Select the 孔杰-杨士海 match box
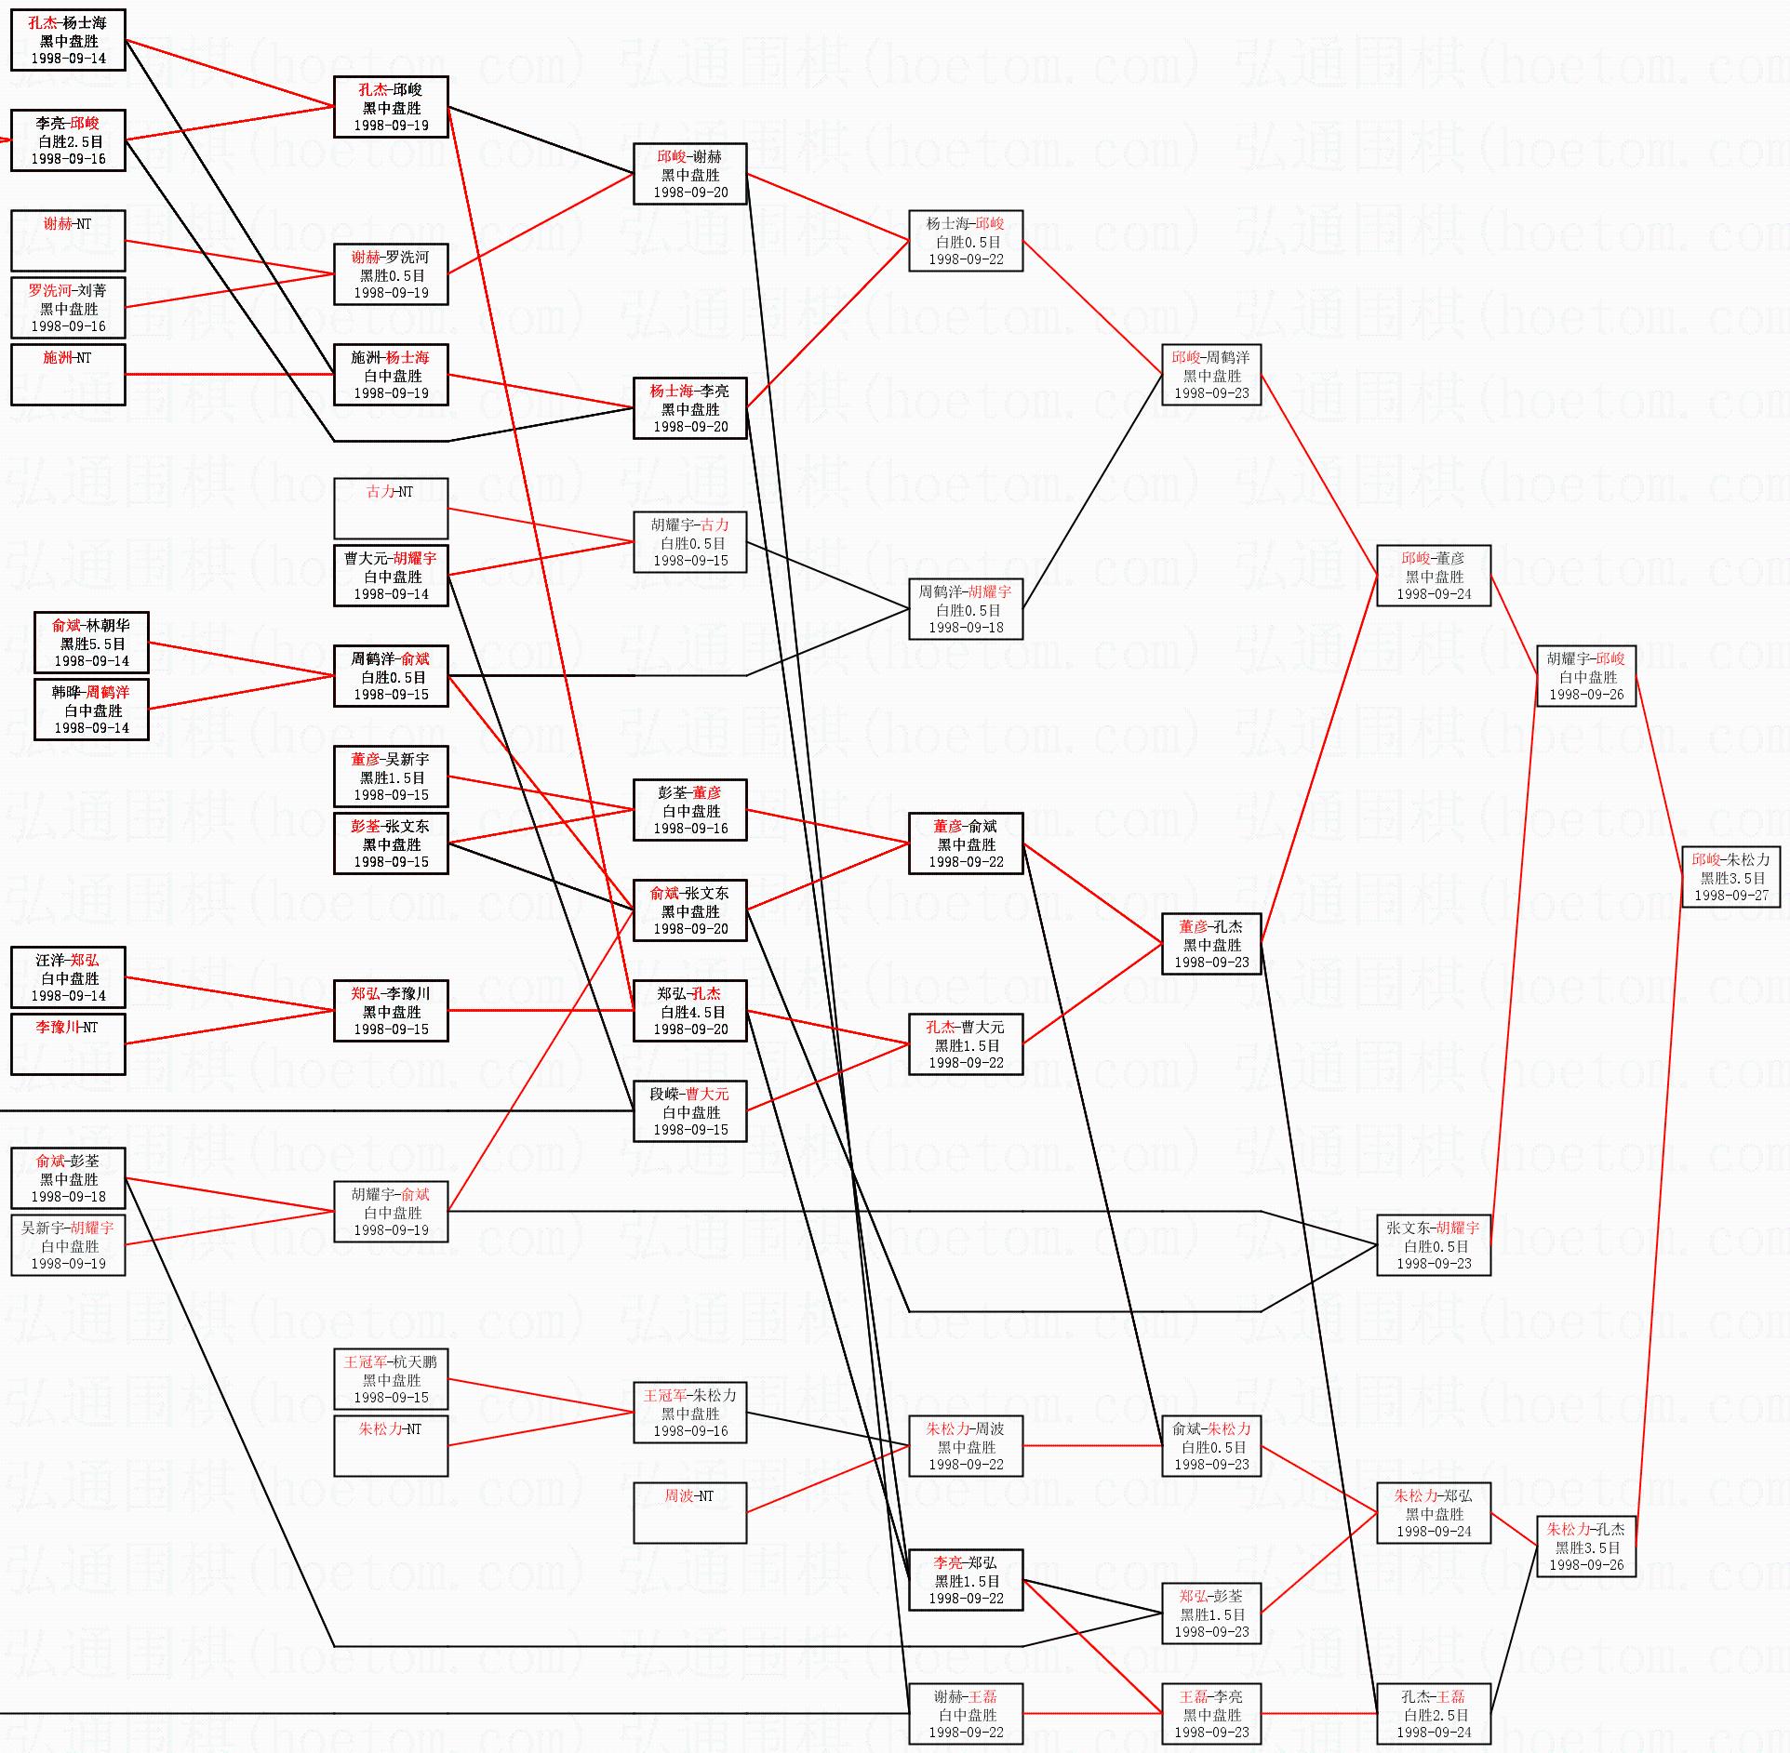[x=68, y=40]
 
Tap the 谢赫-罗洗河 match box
[x=391, y=274]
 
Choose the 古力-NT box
[x=391, y=508]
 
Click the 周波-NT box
[x=689, y=1512]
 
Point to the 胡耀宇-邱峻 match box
[x=1585, y=676]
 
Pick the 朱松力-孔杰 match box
[x=1585, y=1547]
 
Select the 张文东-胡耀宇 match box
[x=1433, y=1245]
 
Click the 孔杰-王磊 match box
[x=1433, y=1714]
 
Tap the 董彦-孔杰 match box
[x=1211, y=944]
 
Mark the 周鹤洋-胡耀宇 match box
[x=966, y=609]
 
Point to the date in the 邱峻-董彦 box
[x=1434, y=594]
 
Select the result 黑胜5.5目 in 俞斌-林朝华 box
[x=92, y=644]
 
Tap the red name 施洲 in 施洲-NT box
[x=58, y=357]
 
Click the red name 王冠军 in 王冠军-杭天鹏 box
[x=364, y=1361]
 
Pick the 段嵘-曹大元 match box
[x=689, y=1111]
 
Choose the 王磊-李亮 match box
[x=1211, y=1714]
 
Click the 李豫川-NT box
[x=68, y=1044]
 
